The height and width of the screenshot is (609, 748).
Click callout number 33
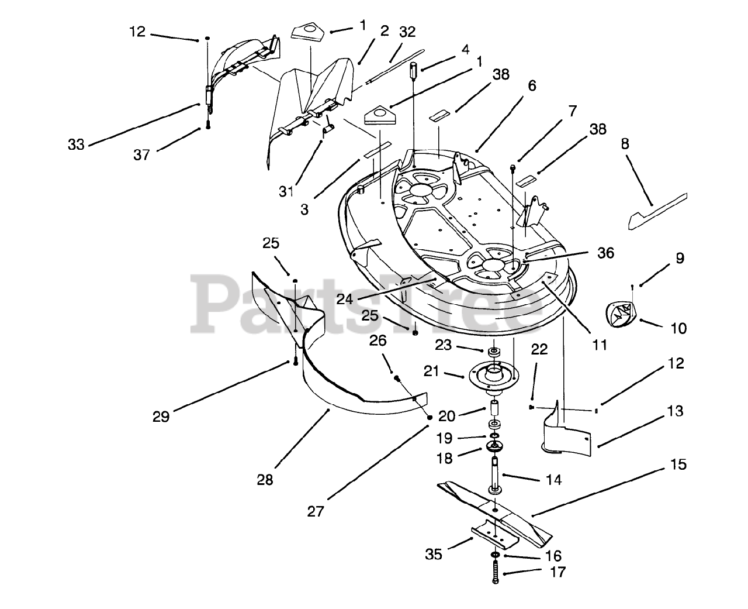tap(76, 144)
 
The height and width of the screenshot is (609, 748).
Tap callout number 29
tap(161, 417)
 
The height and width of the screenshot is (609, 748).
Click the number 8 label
tap(625, 144)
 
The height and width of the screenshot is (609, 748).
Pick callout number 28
tap(265, 480)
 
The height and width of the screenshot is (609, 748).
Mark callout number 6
tap(531, 85)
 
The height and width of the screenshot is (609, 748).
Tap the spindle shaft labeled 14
tap(494, 474)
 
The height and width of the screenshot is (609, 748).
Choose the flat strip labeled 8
tap(657, 212)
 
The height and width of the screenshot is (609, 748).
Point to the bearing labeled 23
tap(494, 352)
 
